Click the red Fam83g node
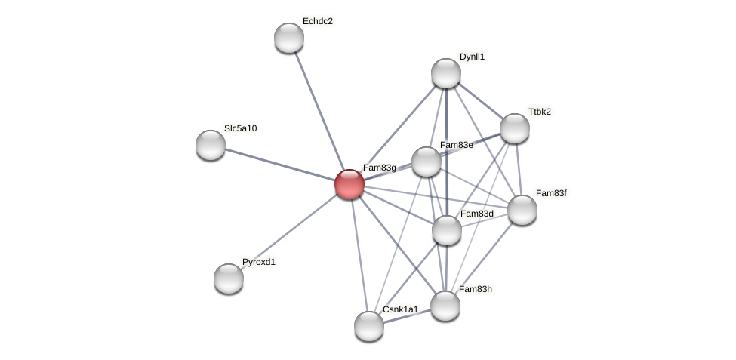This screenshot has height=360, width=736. pos(350,184)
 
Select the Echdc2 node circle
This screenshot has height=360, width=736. pos(289,38)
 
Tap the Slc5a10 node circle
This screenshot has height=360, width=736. pos(211,145)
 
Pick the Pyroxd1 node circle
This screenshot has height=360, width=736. pos(229,278)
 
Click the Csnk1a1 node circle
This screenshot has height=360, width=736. pos(369,326)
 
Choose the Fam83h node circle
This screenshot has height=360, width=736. pos(445,306)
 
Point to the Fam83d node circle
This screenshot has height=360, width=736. pos(447,230)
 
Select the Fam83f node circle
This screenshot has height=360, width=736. pos(522,210)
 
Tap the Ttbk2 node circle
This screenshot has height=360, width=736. pos(515,128)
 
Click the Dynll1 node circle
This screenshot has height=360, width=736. pos(446,73)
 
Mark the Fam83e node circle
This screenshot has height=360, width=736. pos(427,162)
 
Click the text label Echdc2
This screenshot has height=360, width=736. pos(317,21)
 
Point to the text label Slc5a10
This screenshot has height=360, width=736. pos(240,128)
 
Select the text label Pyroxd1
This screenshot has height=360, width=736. pos(259,262)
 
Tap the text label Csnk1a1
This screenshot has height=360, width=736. pos(400,309)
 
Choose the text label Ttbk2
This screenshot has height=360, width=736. pos(539,112)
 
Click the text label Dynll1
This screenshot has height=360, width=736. pos(472,57)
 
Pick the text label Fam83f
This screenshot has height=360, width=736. pos(551,193)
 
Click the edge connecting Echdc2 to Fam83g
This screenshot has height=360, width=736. pos(319,111)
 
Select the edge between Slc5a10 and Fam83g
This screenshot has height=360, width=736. pos(280,165)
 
